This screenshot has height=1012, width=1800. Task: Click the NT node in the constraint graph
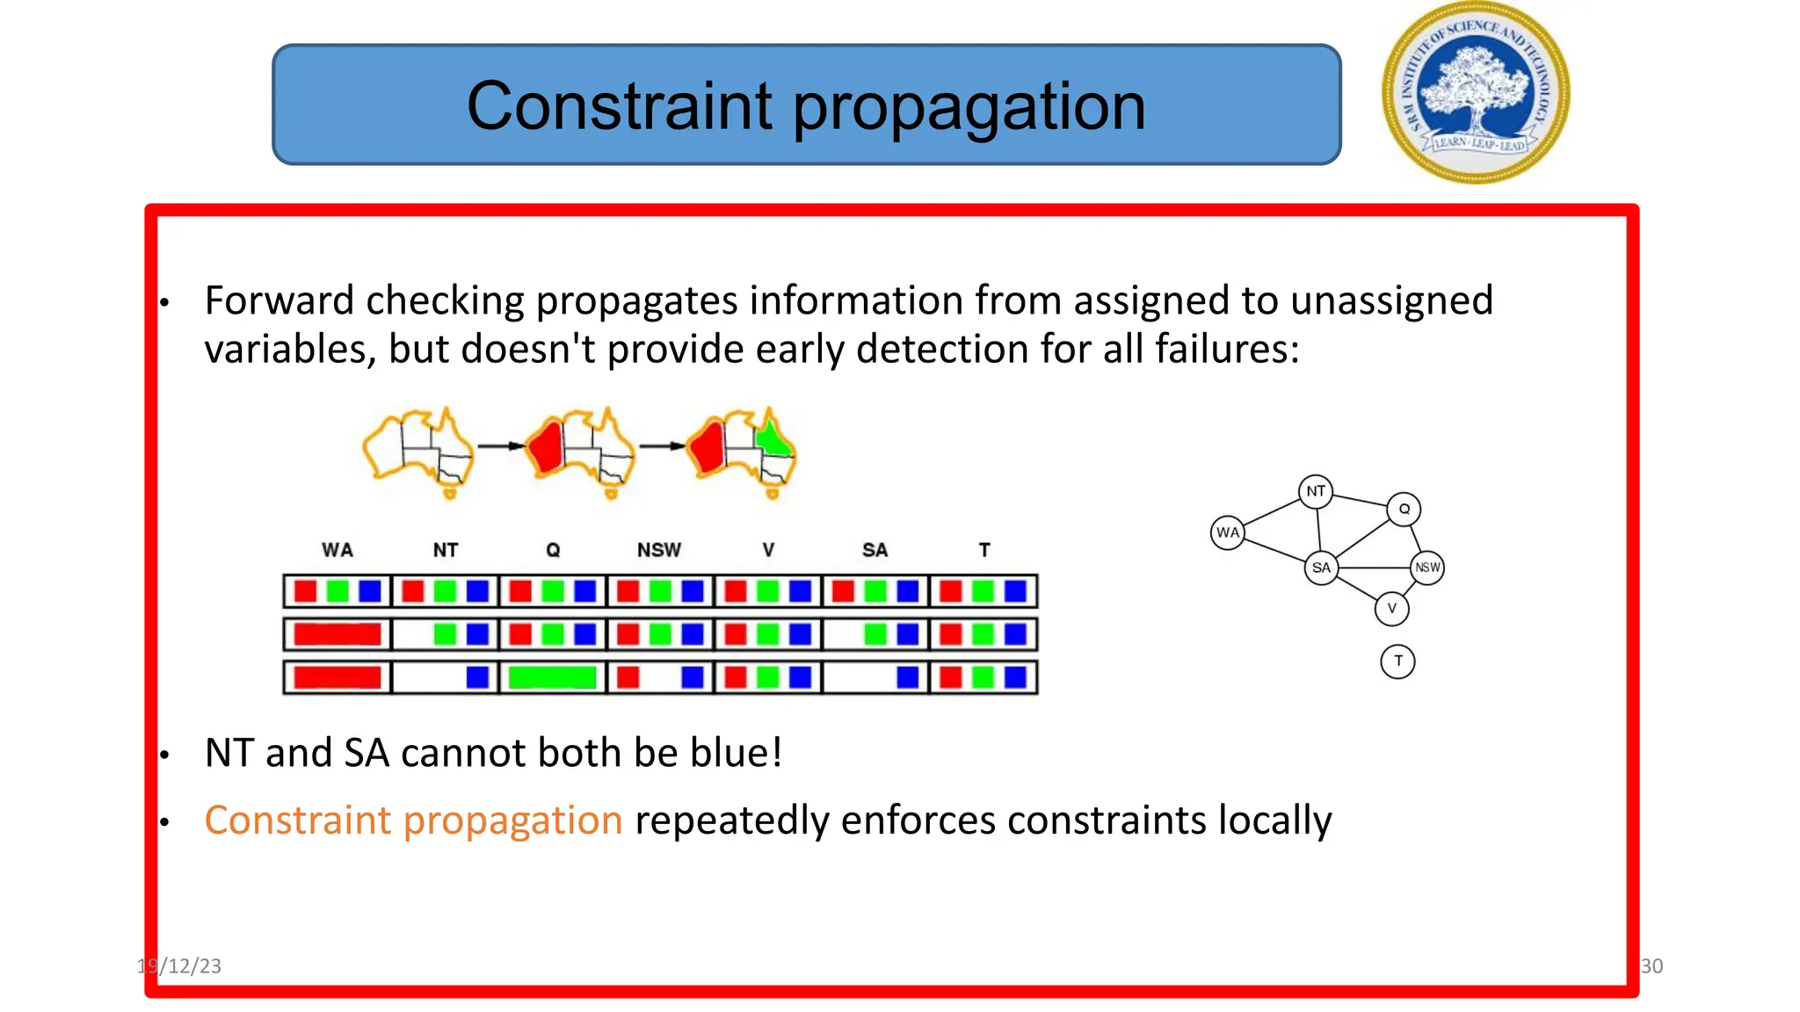click(1315, 491)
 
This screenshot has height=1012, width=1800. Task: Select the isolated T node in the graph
click(1397, 661)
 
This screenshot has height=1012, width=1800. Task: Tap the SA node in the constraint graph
click(1320, 567)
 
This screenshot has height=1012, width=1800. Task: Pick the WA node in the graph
click(1227, 532)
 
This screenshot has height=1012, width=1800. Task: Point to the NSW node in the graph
click(1427, 567)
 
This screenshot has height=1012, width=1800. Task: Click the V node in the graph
click(1391, 608)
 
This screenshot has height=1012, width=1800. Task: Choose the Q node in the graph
click(1404, 509)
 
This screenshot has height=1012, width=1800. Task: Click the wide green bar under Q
click(552, 677)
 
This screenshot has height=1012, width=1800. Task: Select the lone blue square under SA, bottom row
click(907, 677)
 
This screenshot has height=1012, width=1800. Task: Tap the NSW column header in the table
click(659, 550)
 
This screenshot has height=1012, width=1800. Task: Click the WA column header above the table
click(337, 550)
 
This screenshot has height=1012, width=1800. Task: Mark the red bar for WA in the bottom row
click(337, 677)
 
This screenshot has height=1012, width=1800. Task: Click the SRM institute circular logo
click(1476, 93)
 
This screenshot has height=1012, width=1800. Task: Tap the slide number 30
click(1651, 966)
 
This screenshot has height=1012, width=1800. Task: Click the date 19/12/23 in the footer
click(180, 966)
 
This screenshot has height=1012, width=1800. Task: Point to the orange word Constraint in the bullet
click(297, 820)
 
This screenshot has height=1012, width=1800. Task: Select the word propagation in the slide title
click(969, 107)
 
